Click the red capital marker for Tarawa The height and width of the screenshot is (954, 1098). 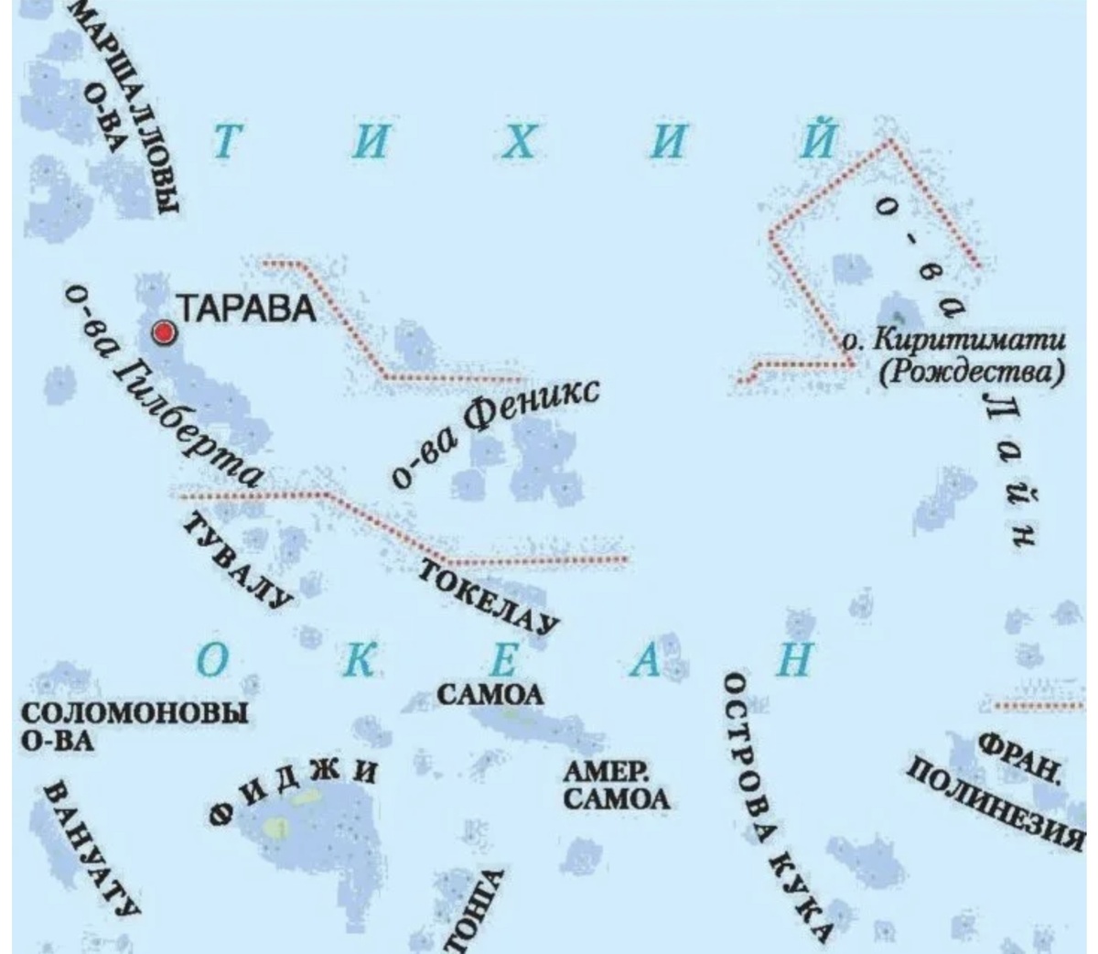point(165,333)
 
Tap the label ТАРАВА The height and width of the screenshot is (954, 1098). point(245,309)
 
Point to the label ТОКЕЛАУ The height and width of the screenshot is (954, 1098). point(489,596)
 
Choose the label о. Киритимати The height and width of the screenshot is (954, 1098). point(953,341)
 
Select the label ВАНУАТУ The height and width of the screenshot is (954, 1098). point(92,848)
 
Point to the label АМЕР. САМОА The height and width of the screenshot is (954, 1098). point(615,786)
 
